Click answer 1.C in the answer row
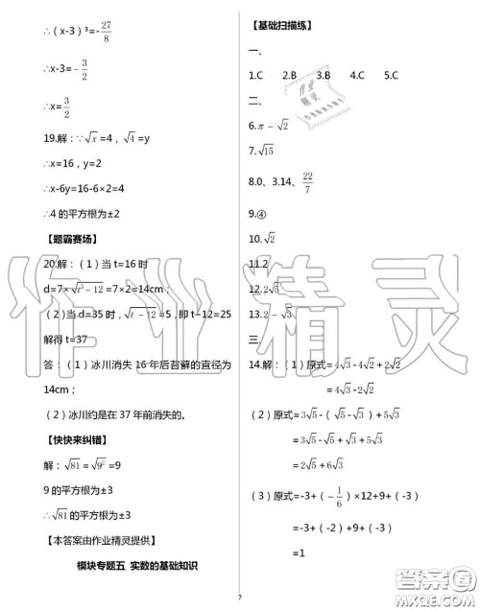tap(255, 74)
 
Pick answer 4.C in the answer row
tap(356, 74)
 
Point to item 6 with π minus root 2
tap(269, 124)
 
